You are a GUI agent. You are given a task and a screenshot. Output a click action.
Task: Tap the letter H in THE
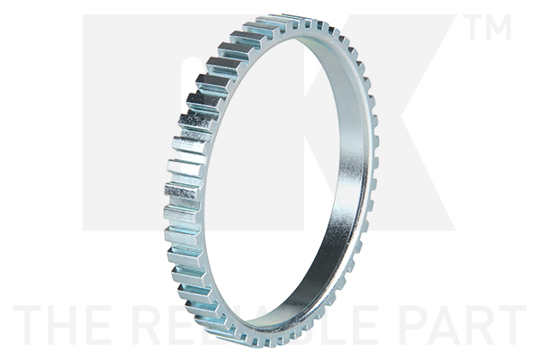pos(61,327)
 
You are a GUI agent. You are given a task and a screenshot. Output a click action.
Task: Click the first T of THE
pos(27,327)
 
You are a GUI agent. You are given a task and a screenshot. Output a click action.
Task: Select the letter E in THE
pos(95,327)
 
